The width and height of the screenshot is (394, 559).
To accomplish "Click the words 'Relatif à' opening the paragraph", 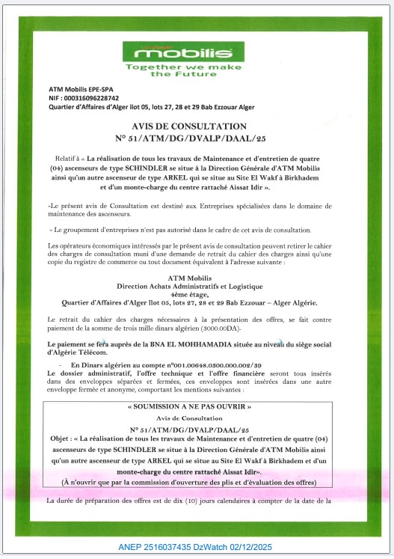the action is (67, 159).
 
